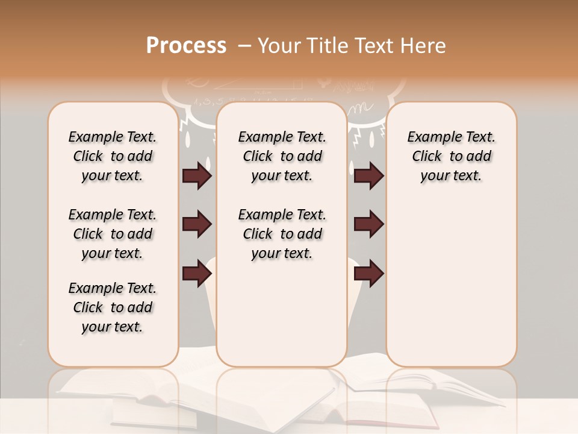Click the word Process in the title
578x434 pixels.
186,46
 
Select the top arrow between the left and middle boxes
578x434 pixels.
197,176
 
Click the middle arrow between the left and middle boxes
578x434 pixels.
197,224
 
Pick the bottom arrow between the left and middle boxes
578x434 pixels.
197,274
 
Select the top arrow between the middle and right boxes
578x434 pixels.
368,176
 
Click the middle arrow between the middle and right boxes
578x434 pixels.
368,224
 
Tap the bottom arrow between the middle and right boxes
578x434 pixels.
368,274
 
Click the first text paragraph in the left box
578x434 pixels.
113,157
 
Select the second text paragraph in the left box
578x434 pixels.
113,234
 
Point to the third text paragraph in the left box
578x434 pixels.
113,307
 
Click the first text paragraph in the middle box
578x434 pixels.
282,157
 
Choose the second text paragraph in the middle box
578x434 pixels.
282,234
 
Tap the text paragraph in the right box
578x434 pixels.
452,157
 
